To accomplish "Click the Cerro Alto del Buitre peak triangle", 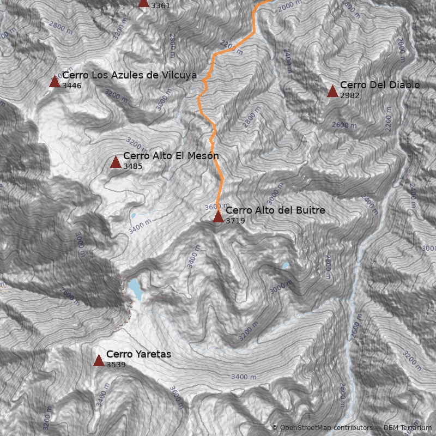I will click(x=218, y=217).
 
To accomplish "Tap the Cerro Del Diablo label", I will click(x=379, y=85).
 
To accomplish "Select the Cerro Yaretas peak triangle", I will click(x=99, y=360).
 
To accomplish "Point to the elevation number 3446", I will click(x=72, y=86).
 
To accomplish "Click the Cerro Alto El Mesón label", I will click(x=171, y=156).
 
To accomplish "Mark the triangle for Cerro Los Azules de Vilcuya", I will click(x=55, y=82).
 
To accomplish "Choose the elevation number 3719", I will click(x=235, y=221).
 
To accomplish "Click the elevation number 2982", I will click(x=350, y=95).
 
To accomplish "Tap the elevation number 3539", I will click(x=116, y=364).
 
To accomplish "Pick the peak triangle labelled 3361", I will click(x=143, y=3).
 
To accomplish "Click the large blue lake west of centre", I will click(x=135, y=290).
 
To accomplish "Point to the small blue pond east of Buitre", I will click(x=286, y=266).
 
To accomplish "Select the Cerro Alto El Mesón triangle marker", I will click(x=116, y=162).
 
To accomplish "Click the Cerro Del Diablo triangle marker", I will click(x=332, y=91).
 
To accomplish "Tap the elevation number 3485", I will click(x=133, y=166).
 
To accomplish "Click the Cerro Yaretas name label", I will click(x=138, y=354).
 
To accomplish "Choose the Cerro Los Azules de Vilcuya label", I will click(x=129, y=75).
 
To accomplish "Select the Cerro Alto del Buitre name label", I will click(x=275, y=210).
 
